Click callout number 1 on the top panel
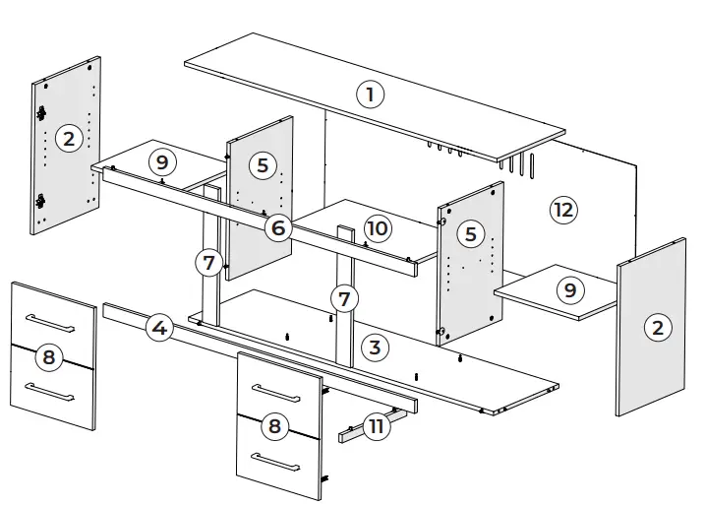click(x=370, y=95)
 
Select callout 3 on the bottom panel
click(x=373, y=347)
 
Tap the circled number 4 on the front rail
click(x=160, y=328)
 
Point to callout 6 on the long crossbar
click(x=278, y=228)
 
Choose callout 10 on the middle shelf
click(x=378, y=228)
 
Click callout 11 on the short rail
click(x=375, y=426)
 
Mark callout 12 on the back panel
click(x=562, y=209)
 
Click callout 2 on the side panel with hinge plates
click(x=68, y=139)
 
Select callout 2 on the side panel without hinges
click(x=657, y=328)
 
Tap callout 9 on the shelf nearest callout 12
click(x=567, y=290)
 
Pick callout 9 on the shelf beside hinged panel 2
click(x=163, y=160)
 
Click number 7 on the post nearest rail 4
click(x=206, y=263)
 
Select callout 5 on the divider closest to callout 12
click(x=471, y=233)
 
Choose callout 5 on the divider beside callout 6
click(x=262, y=164)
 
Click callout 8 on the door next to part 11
click(x=275, y=426)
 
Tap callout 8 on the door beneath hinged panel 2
click(x=47, y=357)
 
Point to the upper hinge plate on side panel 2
click(x=42, y=114)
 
